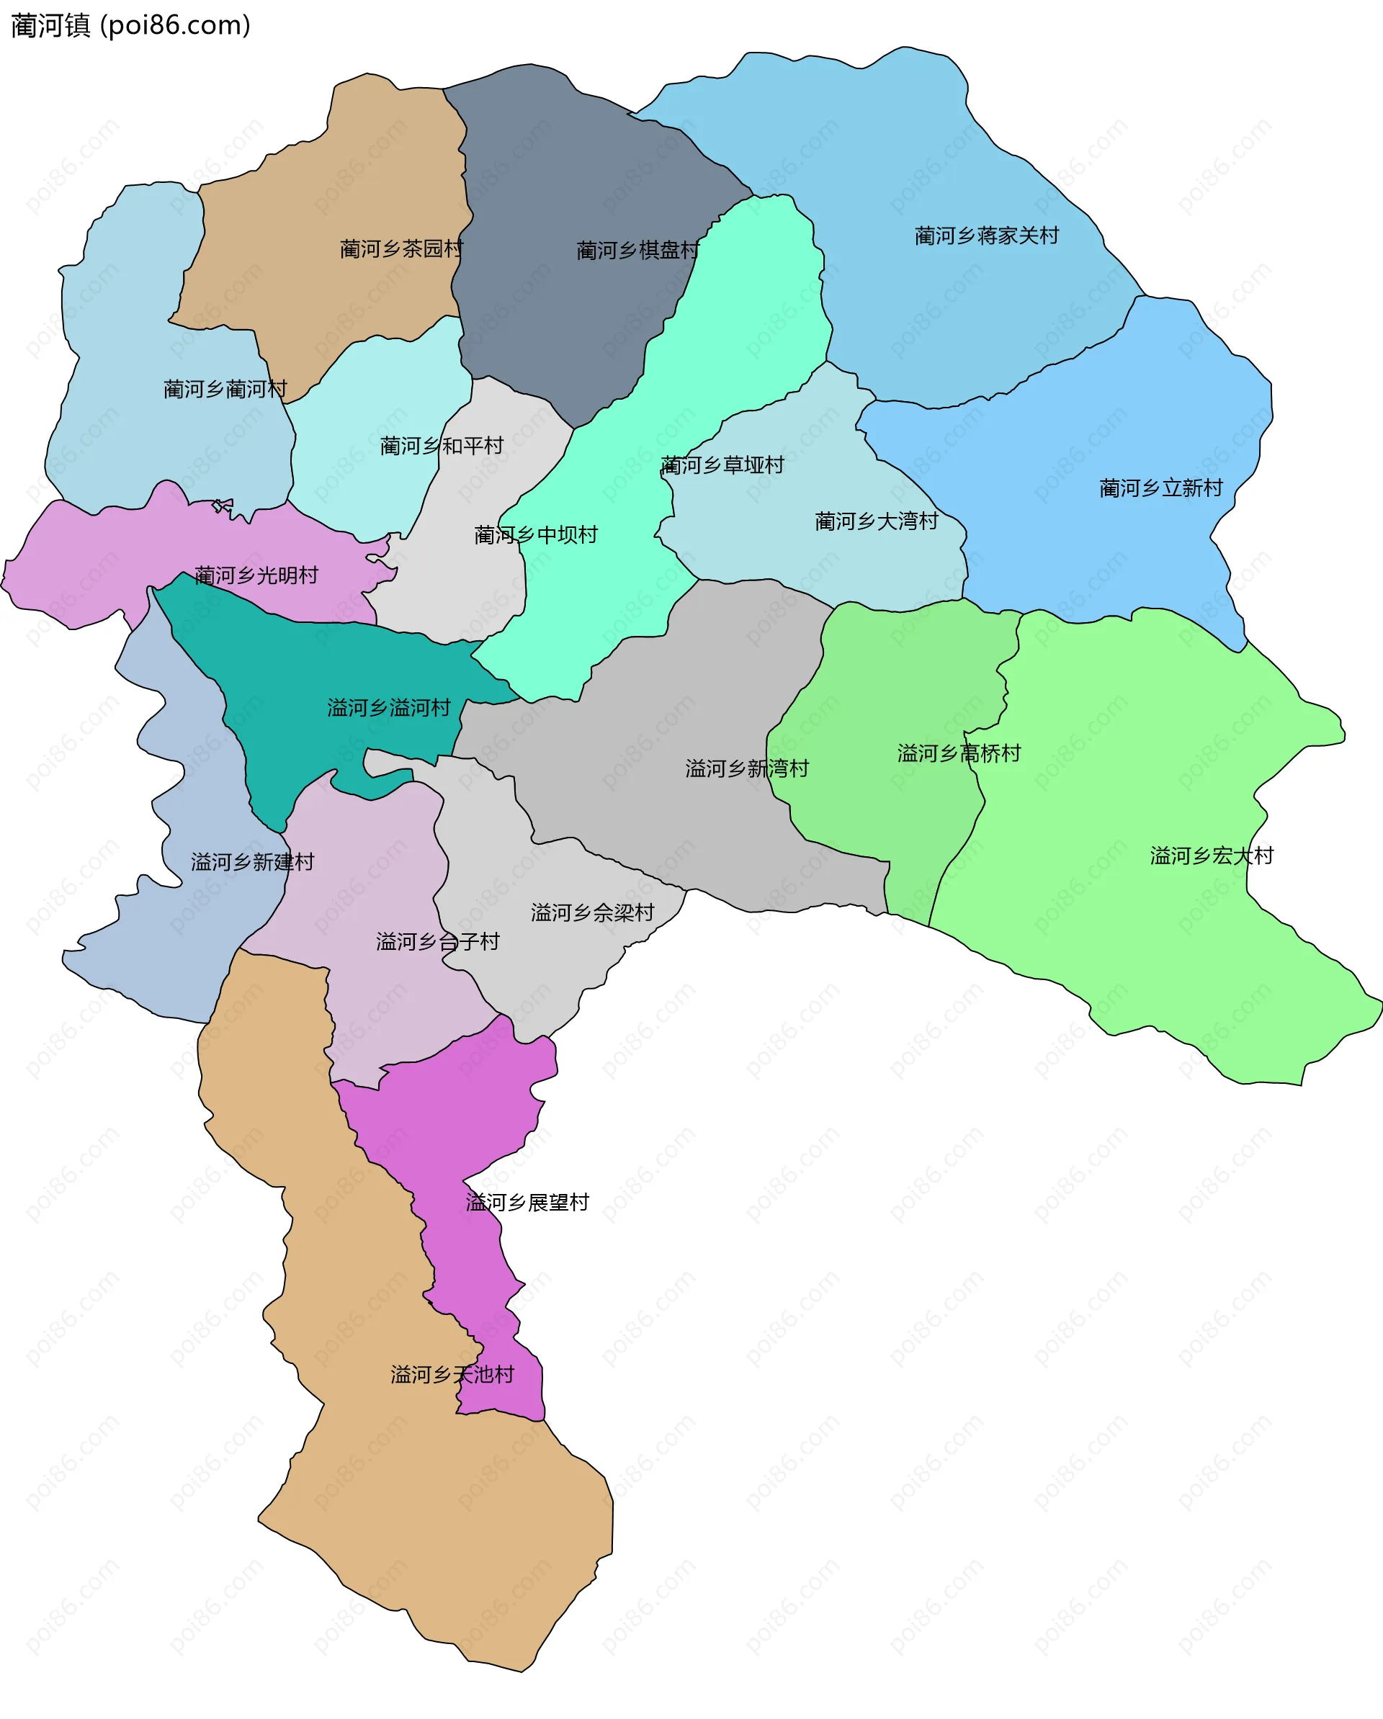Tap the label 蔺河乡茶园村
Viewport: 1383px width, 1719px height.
click(x=401, y=248)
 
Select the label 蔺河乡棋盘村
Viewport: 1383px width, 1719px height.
click(x=638, y=251)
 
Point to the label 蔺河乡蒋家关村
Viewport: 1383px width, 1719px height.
click(x=987, y=235)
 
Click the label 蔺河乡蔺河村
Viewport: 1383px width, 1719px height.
click(x=225, y=389)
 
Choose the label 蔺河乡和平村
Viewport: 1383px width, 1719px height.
click(x=442, y=446)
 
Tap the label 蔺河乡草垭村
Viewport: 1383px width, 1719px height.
click(x=722, y=464)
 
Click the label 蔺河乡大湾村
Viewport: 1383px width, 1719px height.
click(x=877, y=521)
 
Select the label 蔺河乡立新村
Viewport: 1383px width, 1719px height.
click(x=1160, y=488)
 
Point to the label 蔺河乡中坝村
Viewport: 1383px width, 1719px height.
click(x=536, y=535)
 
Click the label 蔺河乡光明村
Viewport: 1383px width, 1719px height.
click(x=256, y=575)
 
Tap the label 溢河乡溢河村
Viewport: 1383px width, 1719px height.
click(x=389, y=708)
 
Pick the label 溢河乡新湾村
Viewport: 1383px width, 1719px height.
click(x=748, y=768)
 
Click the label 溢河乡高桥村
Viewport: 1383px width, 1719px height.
click(x=959, y=753)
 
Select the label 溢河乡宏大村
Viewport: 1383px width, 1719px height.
click(x=1212, y=856)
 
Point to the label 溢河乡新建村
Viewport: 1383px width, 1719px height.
click(x=253, y=862)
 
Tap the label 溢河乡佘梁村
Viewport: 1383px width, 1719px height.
click(x=593, y=913)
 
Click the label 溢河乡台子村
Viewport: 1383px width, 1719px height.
click(x=438, y=943)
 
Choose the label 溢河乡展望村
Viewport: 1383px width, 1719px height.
click(x=527, y=1203)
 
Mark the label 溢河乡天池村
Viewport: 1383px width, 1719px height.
click(x=452, y=1375)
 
